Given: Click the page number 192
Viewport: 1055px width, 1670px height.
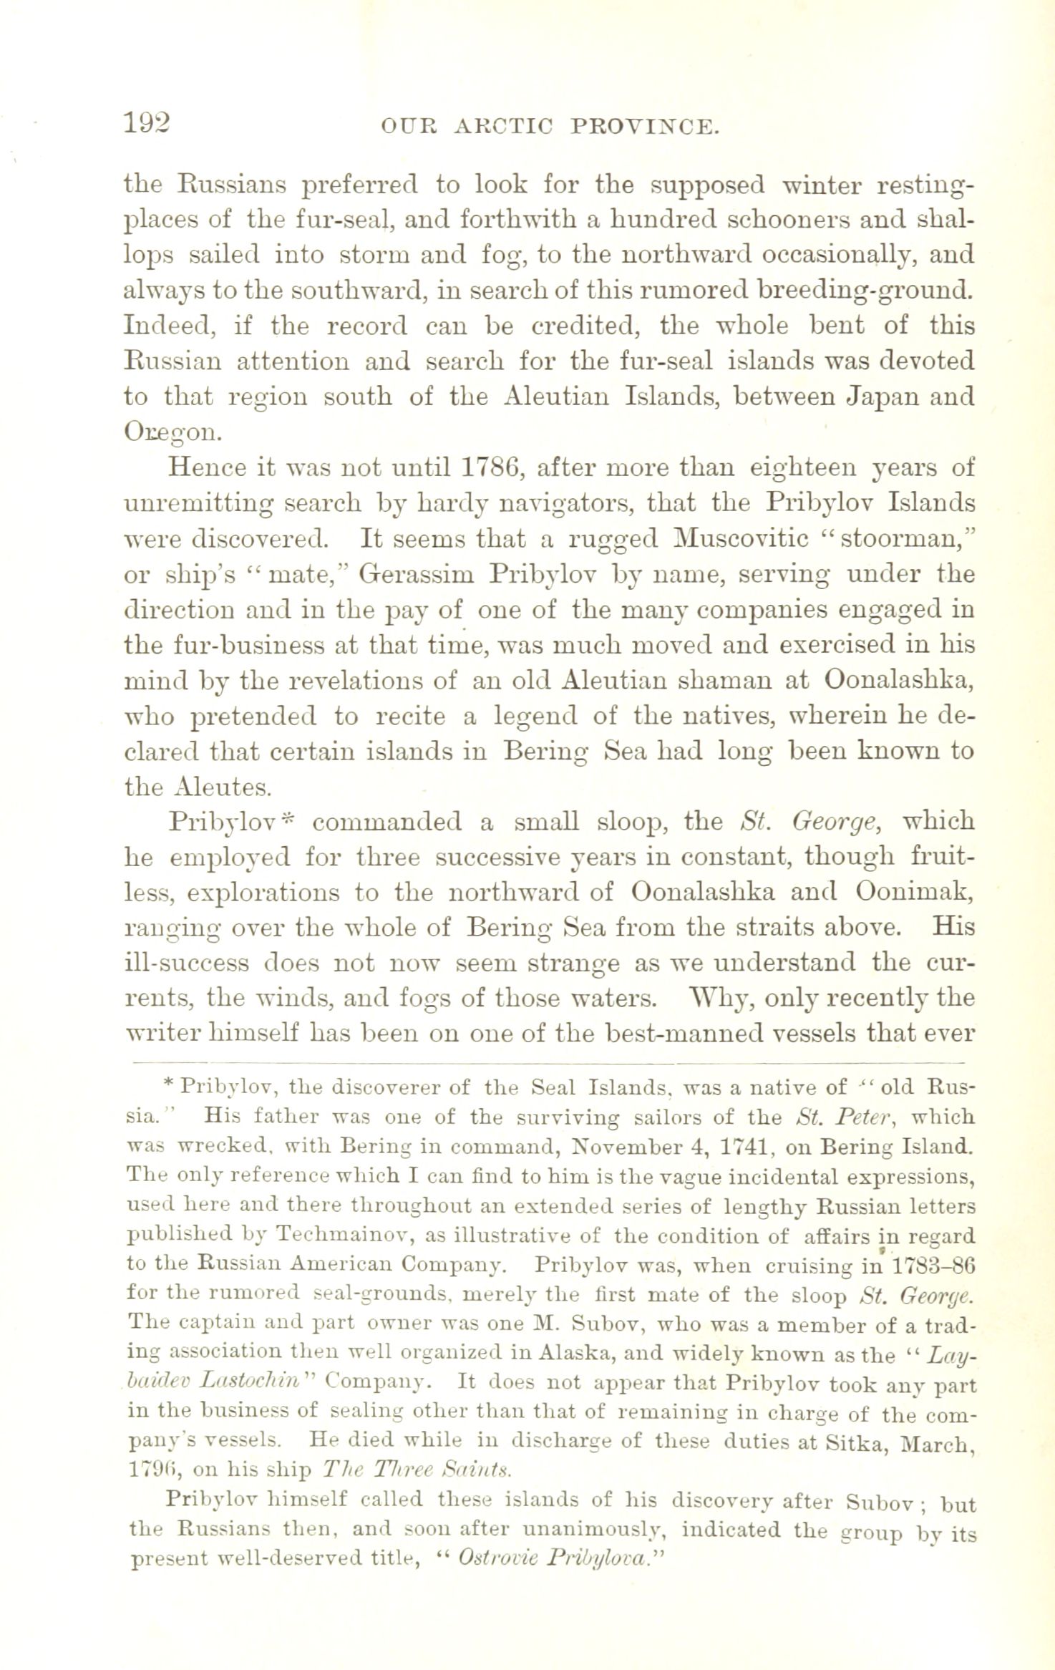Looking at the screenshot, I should click(x=148, y=123).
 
